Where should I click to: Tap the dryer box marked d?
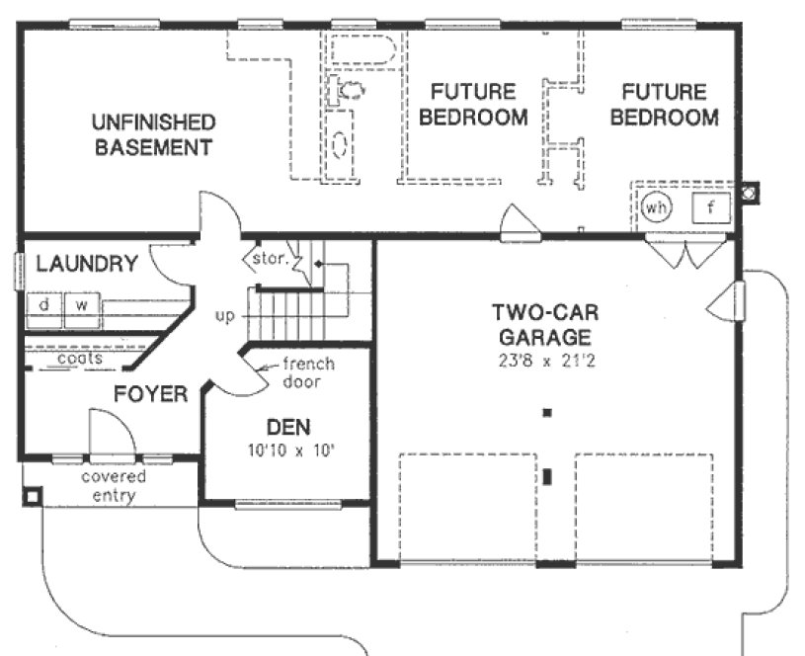pos(44,305)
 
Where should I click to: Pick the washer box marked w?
pos(83,305)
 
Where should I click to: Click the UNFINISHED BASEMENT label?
pos(152,135)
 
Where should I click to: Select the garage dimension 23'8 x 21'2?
pos(543,361)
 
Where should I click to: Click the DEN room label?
pos(288,428)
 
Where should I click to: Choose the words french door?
pos(307,372)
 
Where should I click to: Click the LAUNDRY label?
pos(87,264)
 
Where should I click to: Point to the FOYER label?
pos(150,395)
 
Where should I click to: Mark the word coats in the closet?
pos(79,359)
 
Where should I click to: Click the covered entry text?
pos(113,486)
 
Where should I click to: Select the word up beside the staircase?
pos(224,316)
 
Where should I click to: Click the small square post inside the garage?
pos(546,412)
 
